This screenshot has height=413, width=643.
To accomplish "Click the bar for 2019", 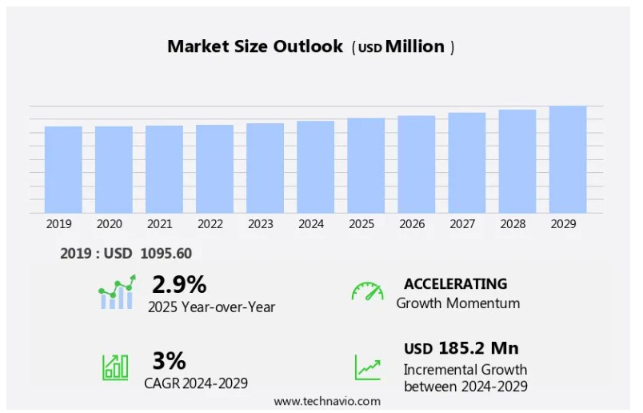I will [63, 170].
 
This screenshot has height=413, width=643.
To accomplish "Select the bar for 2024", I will [315, 167].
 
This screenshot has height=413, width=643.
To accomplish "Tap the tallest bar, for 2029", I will [568, 160].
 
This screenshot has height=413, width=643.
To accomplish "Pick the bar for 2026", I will [417, 165].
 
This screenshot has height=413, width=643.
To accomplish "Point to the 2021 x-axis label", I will [160, 225].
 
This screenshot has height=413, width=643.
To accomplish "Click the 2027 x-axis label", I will [463, 225].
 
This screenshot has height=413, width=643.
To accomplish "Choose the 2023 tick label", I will [261, 225].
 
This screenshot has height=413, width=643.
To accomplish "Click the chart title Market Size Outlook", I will [254, 46].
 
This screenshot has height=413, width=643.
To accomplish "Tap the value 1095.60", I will [166, 254].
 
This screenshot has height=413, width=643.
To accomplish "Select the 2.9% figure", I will [179, 284].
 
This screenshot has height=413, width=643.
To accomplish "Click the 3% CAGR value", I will [169, 361].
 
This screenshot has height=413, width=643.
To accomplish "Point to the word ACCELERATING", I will [455, 284].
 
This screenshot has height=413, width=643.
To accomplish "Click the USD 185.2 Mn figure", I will [461, 348].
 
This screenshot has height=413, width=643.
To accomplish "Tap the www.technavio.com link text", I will [327, 401].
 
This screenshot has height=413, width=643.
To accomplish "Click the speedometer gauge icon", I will [367, 291].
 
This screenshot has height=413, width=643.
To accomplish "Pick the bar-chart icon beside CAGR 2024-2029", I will [115, 367].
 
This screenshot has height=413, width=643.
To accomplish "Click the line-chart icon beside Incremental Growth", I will [368, 367].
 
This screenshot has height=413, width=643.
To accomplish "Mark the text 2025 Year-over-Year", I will [211, 307].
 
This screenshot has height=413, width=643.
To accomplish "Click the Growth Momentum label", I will [458, 303].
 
